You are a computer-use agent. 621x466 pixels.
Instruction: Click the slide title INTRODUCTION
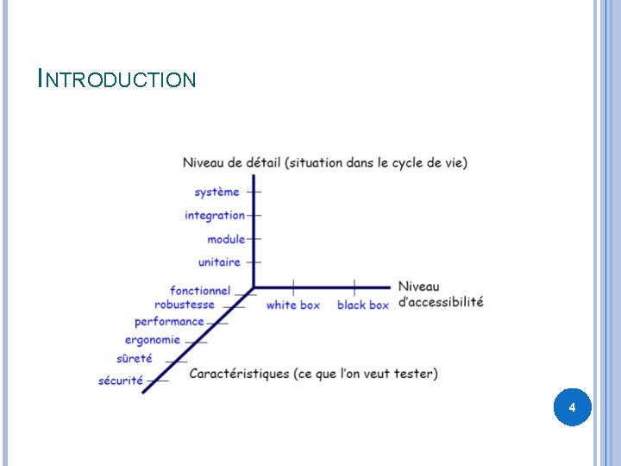pyautogui.click(x=117, y=80)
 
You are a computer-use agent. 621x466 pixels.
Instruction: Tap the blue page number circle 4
pyautogui.click(x=572, y=406)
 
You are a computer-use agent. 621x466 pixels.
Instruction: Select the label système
pyautogui.click(x=216, y=192)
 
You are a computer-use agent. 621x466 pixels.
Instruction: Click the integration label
pyautogui.click(x=215, y=215)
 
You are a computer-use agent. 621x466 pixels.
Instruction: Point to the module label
pyautogui.click(x=226, y=239)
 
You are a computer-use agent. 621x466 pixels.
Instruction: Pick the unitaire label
pyautogui.click(x=219, y=262)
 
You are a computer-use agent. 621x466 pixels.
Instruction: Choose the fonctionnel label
pyautogui.click(x=200, y=291)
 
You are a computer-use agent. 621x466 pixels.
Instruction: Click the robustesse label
pyautogui.click(x=185, y=305)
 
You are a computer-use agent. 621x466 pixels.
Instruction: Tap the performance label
pyautogui.click(x=169, y=322)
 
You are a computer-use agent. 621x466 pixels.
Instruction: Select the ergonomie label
pyautogui.click(x=153, y=340)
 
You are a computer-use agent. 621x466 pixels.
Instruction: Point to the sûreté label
pyautogui.click(x=135, y=358)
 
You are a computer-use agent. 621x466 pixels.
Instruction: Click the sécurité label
pyautogui.click(x=121, y=381)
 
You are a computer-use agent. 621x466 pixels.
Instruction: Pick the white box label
pyautogui.click(x=293, y=305)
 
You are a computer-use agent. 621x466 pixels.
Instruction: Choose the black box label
pyautogui.click(x=363, y=305)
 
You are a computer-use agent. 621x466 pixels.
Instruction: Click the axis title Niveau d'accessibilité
pyautogui.click(x=441, y=294)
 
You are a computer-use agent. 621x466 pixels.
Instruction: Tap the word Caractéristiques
pyautogui.click(x=239, y=374)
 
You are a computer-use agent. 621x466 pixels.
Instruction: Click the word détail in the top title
pyautogui.click(x=257, y=162)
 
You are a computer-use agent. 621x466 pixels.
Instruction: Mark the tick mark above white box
pyautogui.click(x=293, y=287)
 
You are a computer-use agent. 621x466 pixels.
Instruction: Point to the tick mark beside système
pyautogui.click(x=254, y=192)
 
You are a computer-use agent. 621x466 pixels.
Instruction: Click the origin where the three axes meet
pyautogui.click(x=254, y=287)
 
